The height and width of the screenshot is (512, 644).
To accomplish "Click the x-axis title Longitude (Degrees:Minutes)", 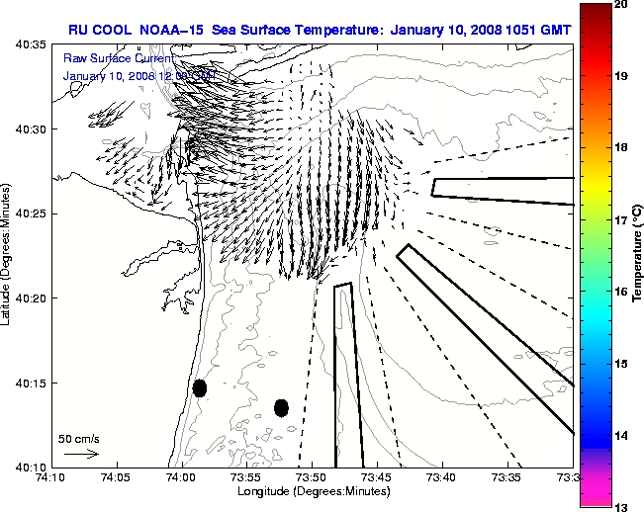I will tap(313, 491).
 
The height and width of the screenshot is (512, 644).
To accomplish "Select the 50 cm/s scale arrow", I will tap(81, 454).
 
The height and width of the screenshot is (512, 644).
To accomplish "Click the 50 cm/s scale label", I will tap(79, 438).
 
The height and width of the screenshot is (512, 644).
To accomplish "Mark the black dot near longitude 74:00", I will tap(200, 387).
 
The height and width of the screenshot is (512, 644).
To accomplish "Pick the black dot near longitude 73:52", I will tap(281, 407).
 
